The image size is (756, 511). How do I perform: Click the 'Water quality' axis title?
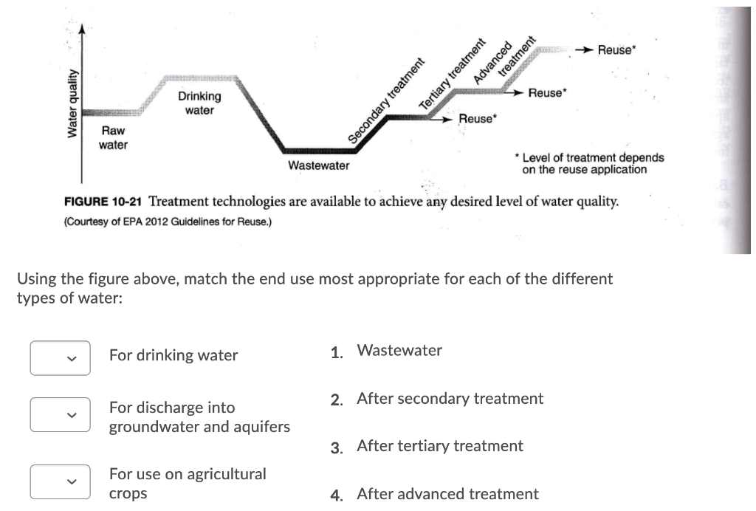pos(72,103)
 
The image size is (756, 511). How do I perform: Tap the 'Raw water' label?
pos(113,138)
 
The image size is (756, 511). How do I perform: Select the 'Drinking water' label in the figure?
pos(199,103)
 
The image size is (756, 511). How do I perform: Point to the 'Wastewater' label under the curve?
pos(318,165)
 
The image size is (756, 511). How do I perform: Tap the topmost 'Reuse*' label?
pos(616,50)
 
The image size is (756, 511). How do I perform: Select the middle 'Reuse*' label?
pos(547,93)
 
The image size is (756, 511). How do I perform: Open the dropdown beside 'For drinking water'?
pos(61,358)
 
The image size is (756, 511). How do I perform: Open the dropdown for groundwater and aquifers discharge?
pos(61,415)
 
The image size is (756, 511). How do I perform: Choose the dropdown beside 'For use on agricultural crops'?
pos(61,481)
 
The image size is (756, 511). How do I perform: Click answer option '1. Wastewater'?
pos(399,351)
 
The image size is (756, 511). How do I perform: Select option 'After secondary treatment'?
pos(449,399)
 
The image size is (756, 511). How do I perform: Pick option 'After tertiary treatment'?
pos(439,446)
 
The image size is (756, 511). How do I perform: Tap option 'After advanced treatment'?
pos(447,494)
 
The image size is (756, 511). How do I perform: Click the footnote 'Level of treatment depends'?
pos(591,158)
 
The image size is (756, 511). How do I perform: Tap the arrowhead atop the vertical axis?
pos(83,30)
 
